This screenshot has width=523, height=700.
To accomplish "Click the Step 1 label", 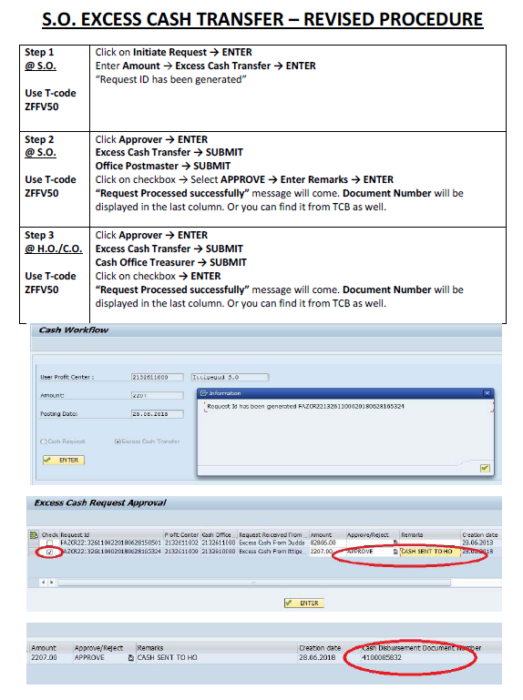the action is (39, 53).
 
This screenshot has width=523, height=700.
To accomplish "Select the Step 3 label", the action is (39, 235).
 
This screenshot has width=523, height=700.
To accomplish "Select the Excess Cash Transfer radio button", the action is (117, 441).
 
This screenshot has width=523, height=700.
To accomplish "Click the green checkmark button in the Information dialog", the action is (485, 468).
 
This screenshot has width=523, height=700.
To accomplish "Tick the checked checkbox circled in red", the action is (49, 553).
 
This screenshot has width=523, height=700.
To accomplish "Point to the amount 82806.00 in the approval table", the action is (323, 543).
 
